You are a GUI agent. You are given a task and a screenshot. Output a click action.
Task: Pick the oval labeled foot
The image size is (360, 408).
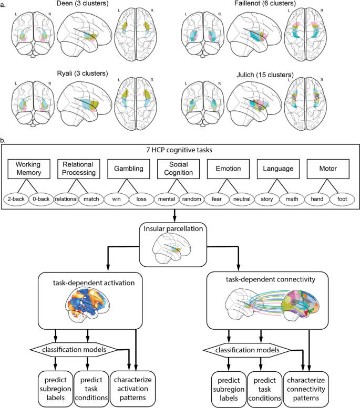(344, 200)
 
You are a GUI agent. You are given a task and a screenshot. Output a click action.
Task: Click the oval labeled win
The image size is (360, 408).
(117, 200)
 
